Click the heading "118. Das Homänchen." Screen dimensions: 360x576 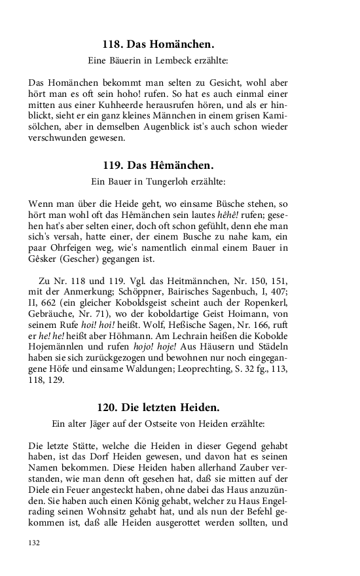coord(158,45)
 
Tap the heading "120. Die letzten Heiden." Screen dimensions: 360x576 coord(158,406)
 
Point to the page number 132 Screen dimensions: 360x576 coord(35,543)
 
